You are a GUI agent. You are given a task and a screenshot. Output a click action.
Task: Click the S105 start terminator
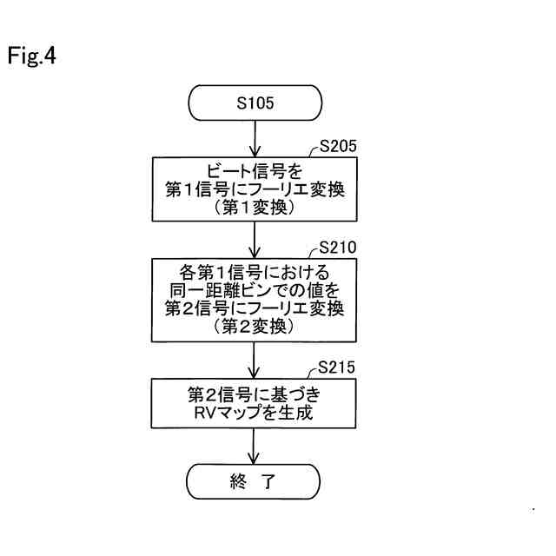pyautogui.click(x=255, y=104)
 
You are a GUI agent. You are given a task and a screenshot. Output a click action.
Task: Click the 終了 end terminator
pyautogui.click(x=255, y=481)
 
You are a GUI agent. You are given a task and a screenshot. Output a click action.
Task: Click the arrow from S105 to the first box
pyautogui.click(x=255, y=139)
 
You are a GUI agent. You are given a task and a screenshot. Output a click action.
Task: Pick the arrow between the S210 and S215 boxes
pyautogui.click(x=255, y=360)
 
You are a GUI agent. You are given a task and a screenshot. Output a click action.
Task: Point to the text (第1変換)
pyautogui.click(x=255, y=208)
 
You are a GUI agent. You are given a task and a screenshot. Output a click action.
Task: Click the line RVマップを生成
pyautogui.click(x=255, y=411)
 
